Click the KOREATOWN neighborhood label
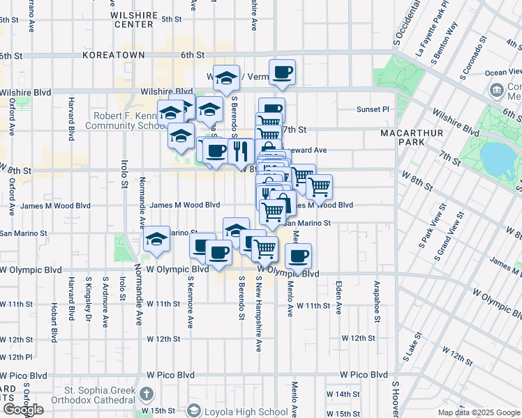click(113, 54)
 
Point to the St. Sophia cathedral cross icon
click(146, 394)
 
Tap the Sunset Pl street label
click(373, 109)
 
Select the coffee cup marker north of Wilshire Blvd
click(282, 72)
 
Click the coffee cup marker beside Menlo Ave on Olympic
click(299, 256)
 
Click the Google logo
click(23, 410)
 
